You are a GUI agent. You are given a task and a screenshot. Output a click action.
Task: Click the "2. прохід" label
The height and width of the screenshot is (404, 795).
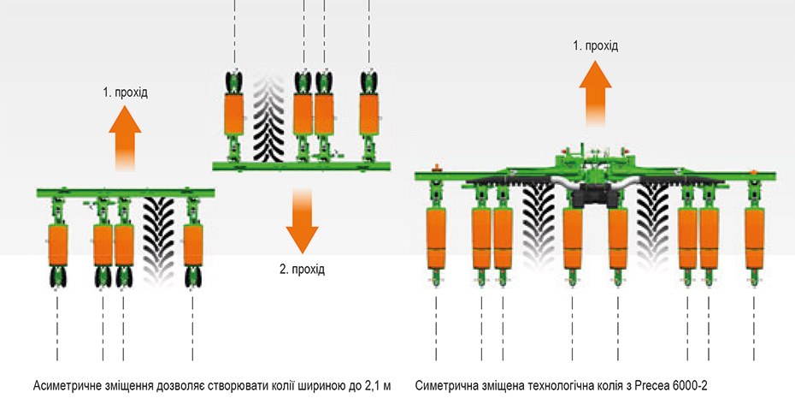(302, 269)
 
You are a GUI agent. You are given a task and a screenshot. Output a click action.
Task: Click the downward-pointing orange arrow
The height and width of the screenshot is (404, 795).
(302, 222)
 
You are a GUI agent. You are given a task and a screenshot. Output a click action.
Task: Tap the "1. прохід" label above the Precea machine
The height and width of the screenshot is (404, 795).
(595, 46)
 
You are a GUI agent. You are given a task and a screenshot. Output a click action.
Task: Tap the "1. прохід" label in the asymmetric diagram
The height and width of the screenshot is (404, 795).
(125, 93)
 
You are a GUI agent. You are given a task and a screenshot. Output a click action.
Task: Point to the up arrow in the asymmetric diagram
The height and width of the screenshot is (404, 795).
(125, 139)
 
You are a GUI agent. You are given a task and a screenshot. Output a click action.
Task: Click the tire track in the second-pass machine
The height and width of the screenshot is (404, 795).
(268, 116)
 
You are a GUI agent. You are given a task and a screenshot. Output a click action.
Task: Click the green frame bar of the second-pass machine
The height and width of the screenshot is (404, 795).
(301, 165)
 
